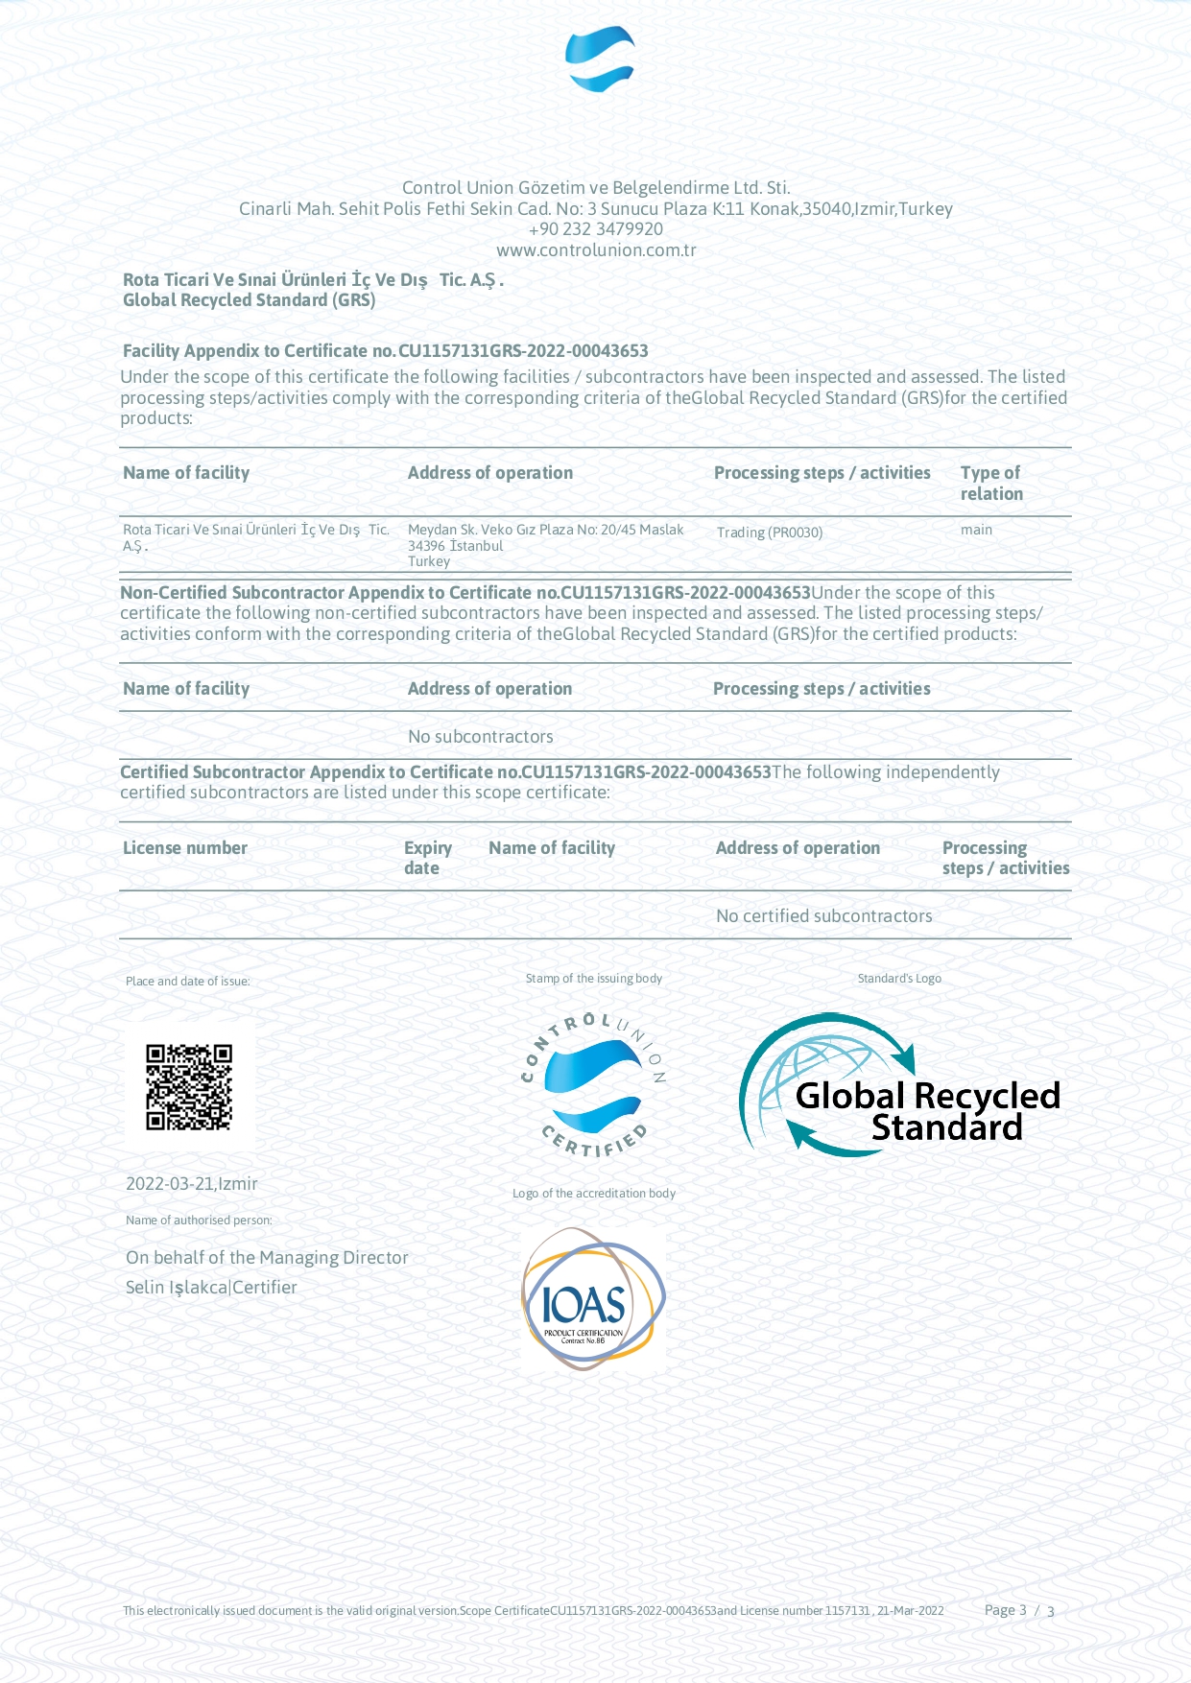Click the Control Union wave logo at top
tap(600, 59)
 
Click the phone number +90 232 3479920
tap(595, 229)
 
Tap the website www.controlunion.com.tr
tap(596, 250)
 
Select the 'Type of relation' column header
tap(991, 483)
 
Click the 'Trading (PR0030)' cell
tap(770, 533)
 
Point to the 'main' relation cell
tap(976, 530)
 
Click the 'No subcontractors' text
tap(481, 737)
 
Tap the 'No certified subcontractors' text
tap(823, 916)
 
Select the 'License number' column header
tap(185, 848)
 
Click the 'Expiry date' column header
tap(427, 858)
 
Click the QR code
tap(189, 1087)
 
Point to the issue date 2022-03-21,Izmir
tap(192, 1184)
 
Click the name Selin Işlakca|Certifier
tap(211, 1288)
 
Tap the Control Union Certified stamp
tap(594, 1084)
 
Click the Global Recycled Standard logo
tap(900, 1086)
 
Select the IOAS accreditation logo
tap(593, 1298)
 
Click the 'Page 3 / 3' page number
tap(1019, 1610)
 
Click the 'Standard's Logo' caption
tap(899, 979)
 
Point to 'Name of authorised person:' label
tap(199, 1221)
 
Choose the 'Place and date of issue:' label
tap(188, 982)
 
